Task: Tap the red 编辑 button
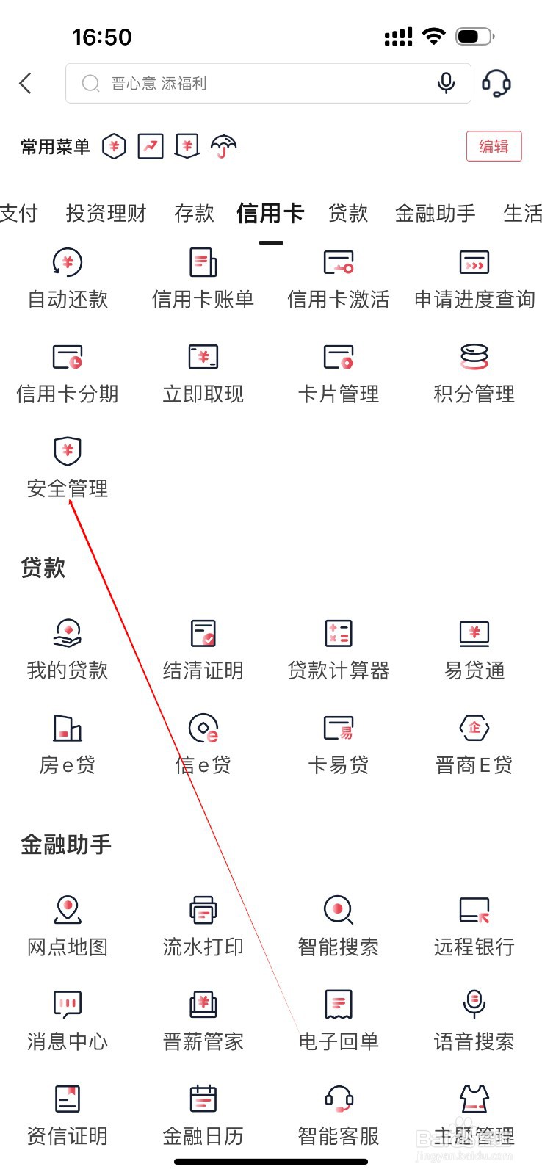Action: pyautogui.click(x=494, y=146)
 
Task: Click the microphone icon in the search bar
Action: pyautogui.click(x=446, y=83)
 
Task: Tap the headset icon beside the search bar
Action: pyautogui.click(x=496, y=83)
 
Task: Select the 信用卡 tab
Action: pyautogui.click(x=270, y=214)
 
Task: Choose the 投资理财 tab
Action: pyautogui.click(x=106, y=214)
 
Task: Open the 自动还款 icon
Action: pyautogui.click(x=68, y=263)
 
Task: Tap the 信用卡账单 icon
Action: pyautogui.click(x=203, y=263)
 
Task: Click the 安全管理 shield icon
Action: pyautogui.click(x=68, y=451)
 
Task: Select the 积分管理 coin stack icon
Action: pyautogui.click(x=474, y=357)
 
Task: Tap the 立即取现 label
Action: pyautogui.click(x=203, y=394)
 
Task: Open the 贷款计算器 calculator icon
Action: pyautogui.click(x=339, y=633)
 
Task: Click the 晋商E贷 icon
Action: pyautogui.click(x=474, y=728)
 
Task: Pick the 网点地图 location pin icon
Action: pyautogui.click(x=68, y=910)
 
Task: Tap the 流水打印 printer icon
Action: pyautogui.click(x=203, y=910)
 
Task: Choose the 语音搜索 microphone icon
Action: pyautogui.click(x=474, y=1004)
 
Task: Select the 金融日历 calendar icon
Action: pyautogui.click(x=203, y=1099)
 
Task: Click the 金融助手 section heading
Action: pyautogui.click(x=66, y=845)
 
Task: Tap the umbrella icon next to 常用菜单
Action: pyautogui.click(x=224, y=147)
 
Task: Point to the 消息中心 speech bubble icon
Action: pyautogui.click(x=68, y=1004)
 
